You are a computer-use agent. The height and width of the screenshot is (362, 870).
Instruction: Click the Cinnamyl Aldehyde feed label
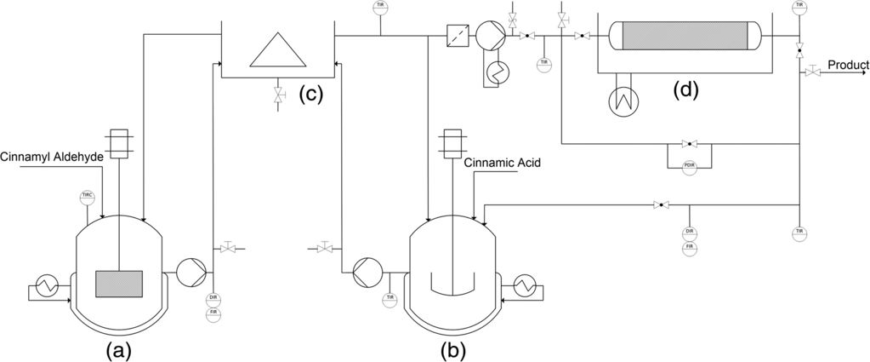(52, 157)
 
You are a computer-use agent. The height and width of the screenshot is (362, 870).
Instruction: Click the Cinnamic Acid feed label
(502, 163)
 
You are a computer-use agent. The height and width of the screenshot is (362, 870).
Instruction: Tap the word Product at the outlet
(848, 65)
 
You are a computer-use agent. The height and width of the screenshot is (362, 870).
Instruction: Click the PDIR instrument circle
(690, 168)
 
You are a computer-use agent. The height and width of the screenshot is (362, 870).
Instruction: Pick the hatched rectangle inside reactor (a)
(119, 282)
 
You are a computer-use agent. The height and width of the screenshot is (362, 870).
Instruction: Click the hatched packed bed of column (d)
(685, 37)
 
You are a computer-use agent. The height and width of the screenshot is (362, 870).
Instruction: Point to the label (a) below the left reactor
(118, 349)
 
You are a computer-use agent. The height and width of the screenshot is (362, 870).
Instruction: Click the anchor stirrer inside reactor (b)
(451, 285)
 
